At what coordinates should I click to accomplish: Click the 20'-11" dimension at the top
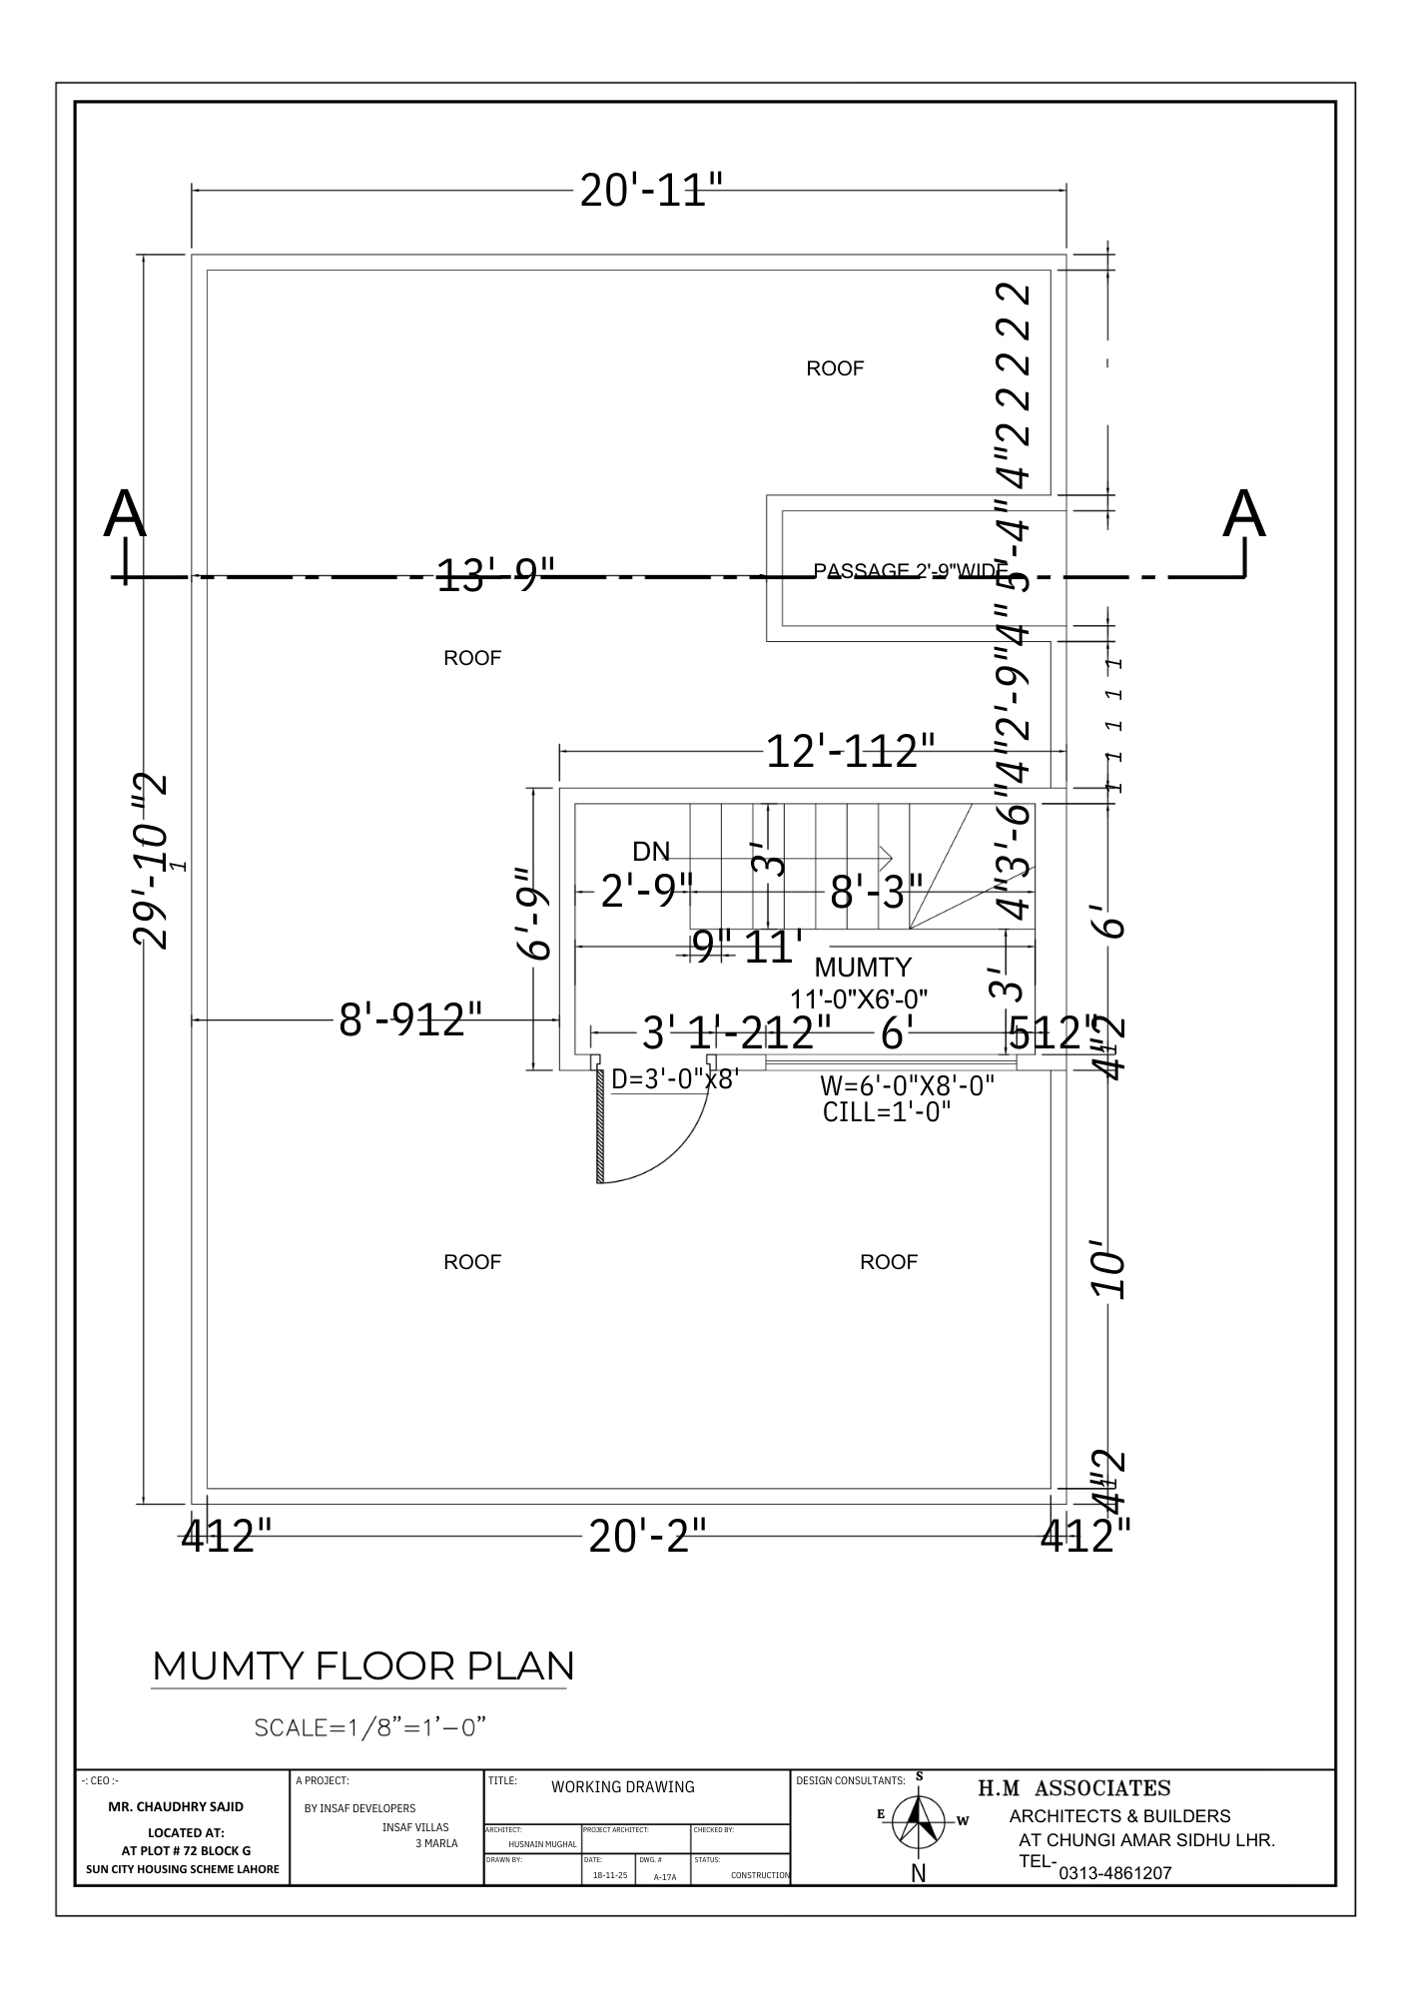(x=650, y=190)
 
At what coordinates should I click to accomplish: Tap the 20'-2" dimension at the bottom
(x=647, y=1536)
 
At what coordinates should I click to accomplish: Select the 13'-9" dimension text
(x=495, y=575)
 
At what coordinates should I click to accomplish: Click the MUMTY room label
(x=863, y=967)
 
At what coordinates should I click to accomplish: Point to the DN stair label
(x=651, y=851)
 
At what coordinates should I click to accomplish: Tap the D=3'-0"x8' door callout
(x=674, y=1079)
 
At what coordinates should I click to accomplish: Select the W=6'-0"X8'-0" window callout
(x=907, y=1085)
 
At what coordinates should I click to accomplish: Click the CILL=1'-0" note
(x=887, y=1111)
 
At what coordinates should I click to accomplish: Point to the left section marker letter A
(x=125, y=515)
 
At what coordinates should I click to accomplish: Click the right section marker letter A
(x=1244, y=515)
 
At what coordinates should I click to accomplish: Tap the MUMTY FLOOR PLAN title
(x=362, y=1665)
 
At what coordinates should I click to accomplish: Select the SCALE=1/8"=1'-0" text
(x=370, y=1726)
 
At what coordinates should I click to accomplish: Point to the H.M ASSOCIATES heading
(x=1073, y=1787)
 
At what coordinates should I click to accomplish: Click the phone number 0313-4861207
(x=1114, y=1873)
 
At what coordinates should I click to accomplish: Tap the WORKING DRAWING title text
(x=622, y=1786)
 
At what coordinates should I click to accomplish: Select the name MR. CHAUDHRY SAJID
(x=175, y=1806)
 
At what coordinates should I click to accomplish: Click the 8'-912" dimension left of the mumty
(x=410, y=1020)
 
